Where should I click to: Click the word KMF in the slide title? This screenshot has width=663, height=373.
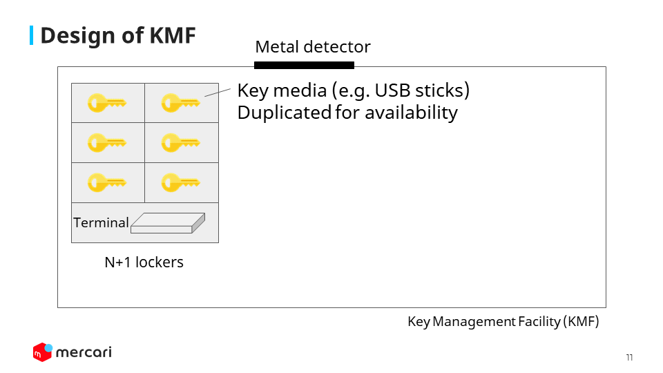(173, 35)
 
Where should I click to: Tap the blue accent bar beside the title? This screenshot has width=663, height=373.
(31, 35)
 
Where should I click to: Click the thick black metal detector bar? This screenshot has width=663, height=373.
(304, 65)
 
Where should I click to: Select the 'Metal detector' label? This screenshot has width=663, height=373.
(313, 46)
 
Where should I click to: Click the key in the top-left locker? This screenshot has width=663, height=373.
(107, 103)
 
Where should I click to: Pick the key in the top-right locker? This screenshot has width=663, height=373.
(180, 103)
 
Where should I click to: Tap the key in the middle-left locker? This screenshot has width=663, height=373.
(107, 142)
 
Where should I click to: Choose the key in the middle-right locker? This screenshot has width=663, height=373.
(180, 142)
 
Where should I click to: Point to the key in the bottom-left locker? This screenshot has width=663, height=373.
(107, 182)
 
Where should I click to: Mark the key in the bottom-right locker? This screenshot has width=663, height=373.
(180, 182)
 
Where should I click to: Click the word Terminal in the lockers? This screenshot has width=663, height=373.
(101, 222)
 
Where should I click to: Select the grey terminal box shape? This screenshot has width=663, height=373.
(168, 223)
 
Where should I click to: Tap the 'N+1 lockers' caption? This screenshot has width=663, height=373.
(144, 262)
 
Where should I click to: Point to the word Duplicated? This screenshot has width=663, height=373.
(284, 113)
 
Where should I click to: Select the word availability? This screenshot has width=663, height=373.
(411, 113)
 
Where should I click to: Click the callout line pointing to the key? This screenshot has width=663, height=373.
(218, 93)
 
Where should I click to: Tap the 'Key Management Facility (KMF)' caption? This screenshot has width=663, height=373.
(503, 321)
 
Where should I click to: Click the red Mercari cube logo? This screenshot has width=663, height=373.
(43, 352)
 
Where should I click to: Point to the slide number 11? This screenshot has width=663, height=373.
(630, 357)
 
